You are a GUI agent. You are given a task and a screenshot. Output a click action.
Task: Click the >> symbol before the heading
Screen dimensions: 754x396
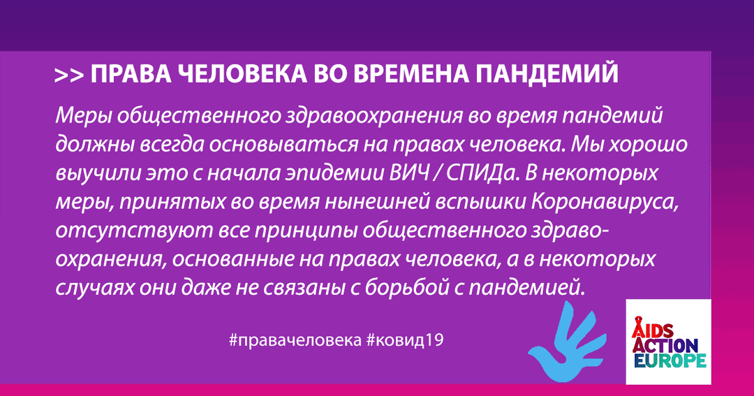pos(69,76)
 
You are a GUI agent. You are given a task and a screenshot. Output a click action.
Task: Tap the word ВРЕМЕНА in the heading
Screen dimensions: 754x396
pos(412,74)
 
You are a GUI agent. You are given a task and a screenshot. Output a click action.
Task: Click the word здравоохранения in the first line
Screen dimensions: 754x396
pos(371,117)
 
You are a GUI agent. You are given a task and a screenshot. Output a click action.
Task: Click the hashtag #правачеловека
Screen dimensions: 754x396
pos(295,340)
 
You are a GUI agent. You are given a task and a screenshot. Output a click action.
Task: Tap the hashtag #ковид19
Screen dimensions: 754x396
pos(404,339)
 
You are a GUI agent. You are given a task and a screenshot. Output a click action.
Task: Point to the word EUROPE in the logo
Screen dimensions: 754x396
pos(669,361)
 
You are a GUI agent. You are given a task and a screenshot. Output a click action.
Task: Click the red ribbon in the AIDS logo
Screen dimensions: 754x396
pos(639,325)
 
